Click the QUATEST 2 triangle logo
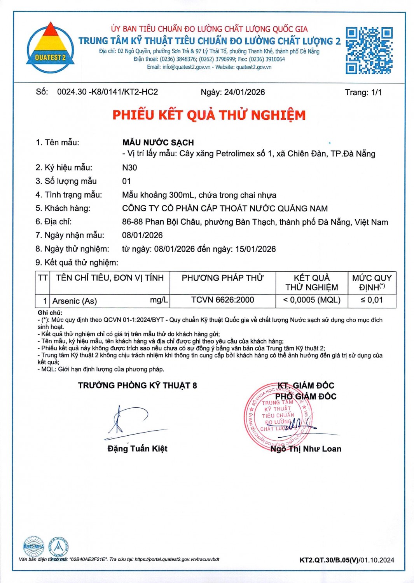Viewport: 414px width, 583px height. pyautogui.click(x=50, y=48)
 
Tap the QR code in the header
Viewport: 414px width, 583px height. pyautogui.click(x=369, y=51)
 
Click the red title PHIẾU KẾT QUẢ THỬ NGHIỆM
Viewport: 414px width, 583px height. pyautogui.click(x=209, y=115)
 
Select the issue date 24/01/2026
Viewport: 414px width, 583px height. pyautogui.click(x=245, y=92)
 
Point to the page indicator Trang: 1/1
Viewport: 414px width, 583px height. pyautogui.click(x=363, y=93)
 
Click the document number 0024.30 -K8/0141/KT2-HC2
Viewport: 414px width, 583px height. pyautogui.click(x=107, y=92)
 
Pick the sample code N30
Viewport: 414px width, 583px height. pyautogui.click(x=129, y=168)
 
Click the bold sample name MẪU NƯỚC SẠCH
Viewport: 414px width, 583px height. pyautogui.click(x=158, y=142)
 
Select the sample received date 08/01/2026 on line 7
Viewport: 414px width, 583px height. pyautogui.click(x=142, y=235)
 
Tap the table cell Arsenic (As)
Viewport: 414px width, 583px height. pyautogui.click(x=75, y=301)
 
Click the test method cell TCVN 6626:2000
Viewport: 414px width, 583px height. pyautogui.click(x=222, y=300)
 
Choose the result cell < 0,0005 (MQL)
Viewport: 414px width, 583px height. pyautogui.click(x=311, y=300)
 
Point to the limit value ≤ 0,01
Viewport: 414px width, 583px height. pyautogui.click(x=372, y=300)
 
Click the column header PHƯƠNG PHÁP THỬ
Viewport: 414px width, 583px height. pyautogui.click(x=222, y=278)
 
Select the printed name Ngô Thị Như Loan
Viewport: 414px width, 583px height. pyautogui.click(x=306, y=449)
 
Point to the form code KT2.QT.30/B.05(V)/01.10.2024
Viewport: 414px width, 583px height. pyautogui.click(x=346, y=560)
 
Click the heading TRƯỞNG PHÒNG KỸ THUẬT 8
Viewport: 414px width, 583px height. pyautogui.click(x=137, y=386)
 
